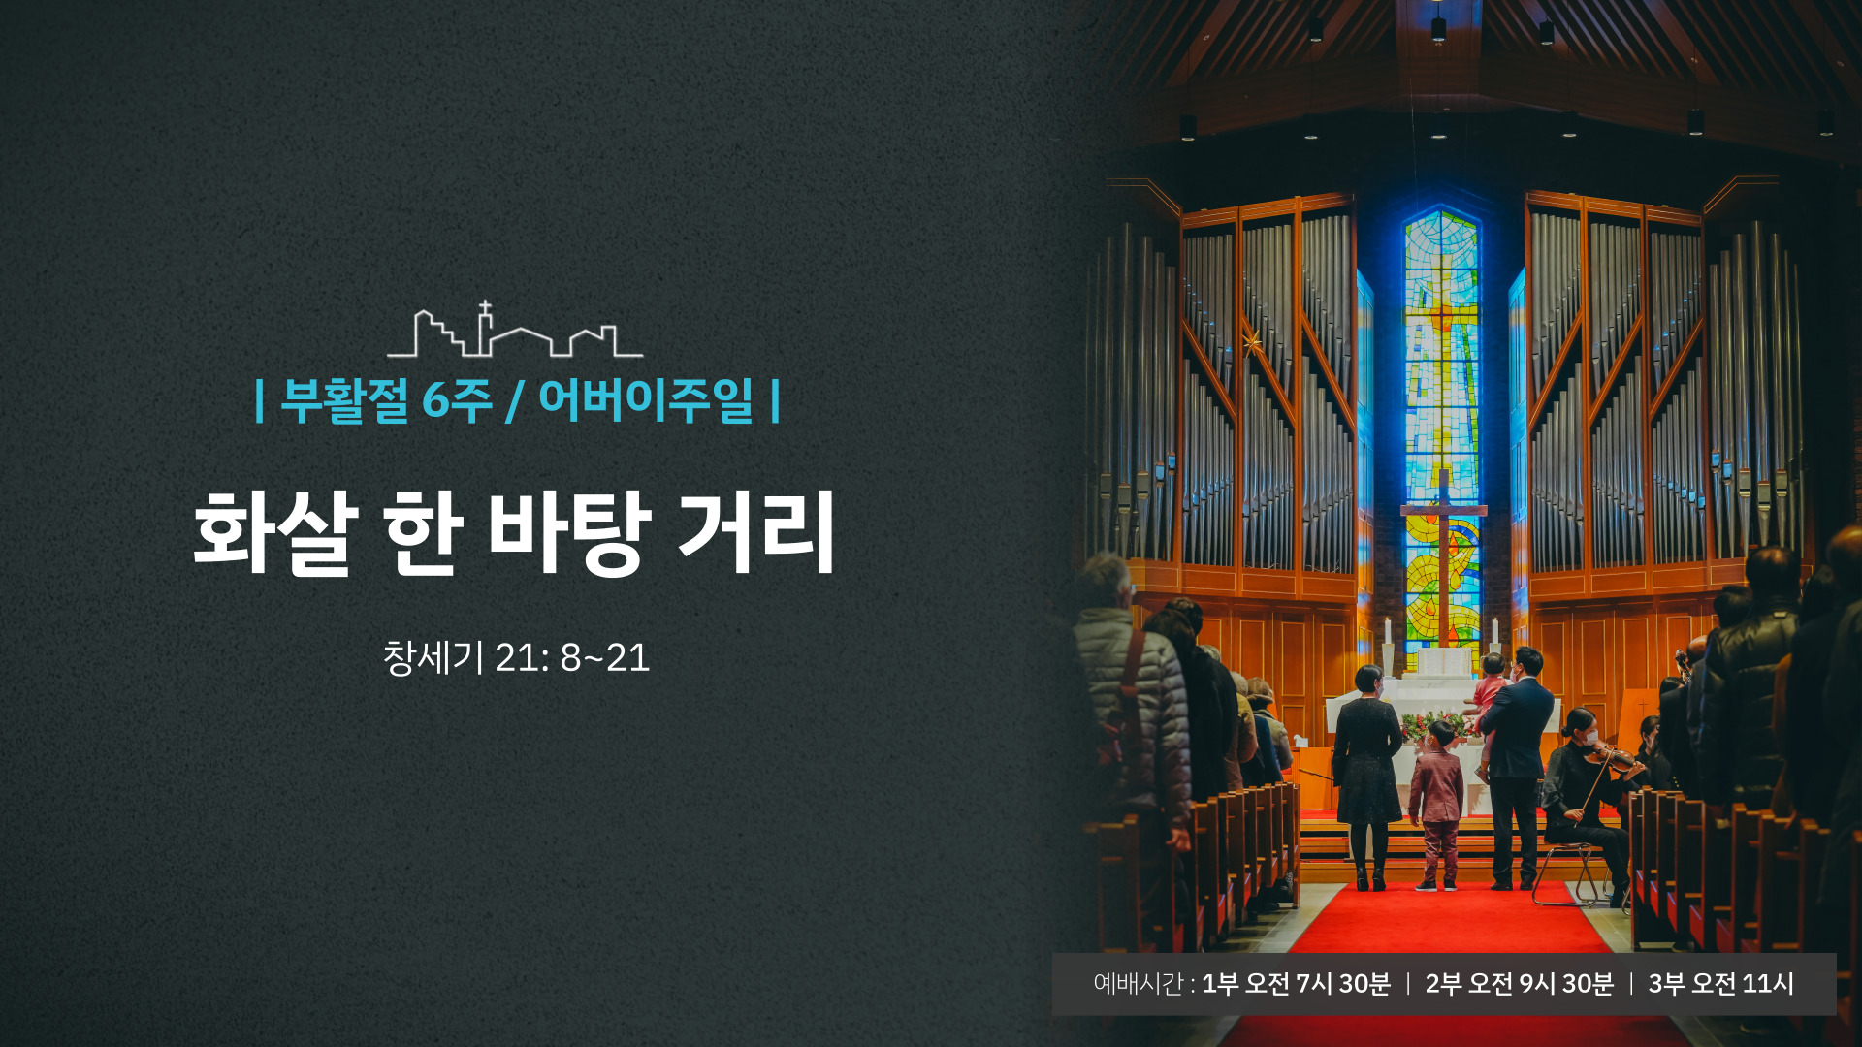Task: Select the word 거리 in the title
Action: click(756, 532)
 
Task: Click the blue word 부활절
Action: click(345, 399)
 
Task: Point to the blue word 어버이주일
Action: click(646, 399)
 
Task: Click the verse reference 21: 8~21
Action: click(572, 658)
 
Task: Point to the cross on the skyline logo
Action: click(485, 310)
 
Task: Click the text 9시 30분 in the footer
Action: click(1566, 984)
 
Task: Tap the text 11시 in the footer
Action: click(1768, 984)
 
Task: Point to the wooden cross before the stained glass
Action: click(1443, 557)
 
